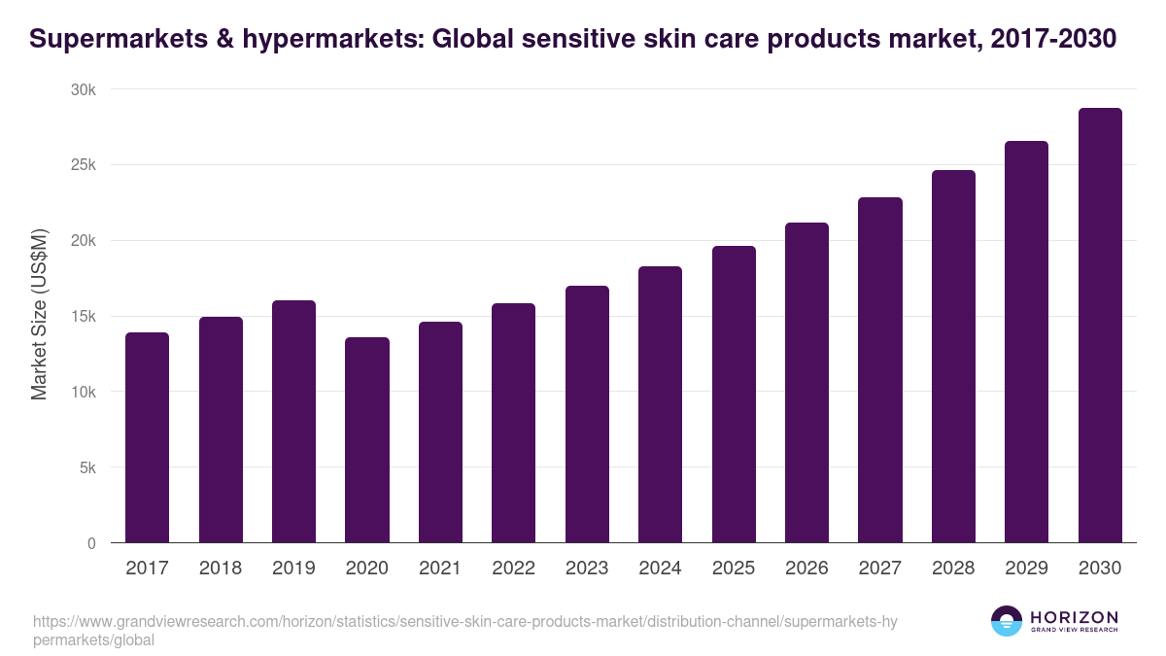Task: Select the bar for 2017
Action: (148, 437)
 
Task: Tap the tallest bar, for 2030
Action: (1100, 326)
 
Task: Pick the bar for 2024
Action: (660, 404)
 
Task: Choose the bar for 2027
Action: (880, 370)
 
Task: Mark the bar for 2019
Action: (293, 422)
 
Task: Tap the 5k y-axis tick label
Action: (87, 467)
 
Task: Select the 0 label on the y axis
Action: (91, 543)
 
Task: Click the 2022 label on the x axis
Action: (513, 569)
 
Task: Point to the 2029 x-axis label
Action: (1026, 569)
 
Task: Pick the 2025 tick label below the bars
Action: (734, 569)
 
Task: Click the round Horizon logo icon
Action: (1006, 622)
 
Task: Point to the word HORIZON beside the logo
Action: (1074, 617)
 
